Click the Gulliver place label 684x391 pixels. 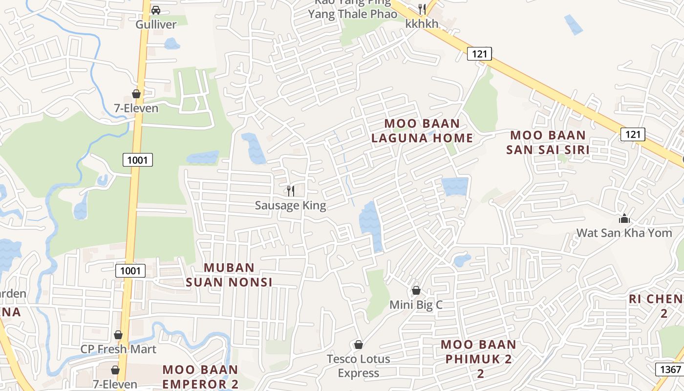pos(156,24)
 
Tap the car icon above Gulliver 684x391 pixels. pos(156,10)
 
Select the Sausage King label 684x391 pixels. pos(290,205)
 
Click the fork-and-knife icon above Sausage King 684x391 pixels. pos(291,191)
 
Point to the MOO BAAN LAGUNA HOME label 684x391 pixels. pos(422,131)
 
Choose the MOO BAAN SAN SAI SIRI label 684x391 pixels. pos(548,142)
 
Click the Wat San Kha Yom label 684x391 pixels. pos(624,233)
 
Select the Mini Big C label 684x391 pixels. pos(416,305)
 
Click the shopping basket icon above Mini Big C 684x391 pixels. pos(416,290)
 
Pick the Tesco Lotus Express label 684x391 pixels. pos(359,366)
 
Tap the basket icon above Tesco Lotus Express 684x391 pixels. pos(359,345)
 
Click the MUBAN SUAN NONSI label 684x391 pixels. pos(229,275)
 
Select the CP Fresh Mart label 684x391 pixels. pos(118,349)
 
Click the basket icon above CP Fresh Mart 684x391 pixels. pos(118,335)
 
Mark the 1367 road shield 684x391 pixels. pos(669,369)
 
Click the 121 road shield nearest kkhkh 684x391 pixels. pos(479,54)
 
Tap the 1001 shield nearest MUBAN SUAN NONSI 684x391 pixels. pos(131,270)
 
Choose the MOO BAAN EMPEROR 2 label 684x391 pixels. pos(200,377)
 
